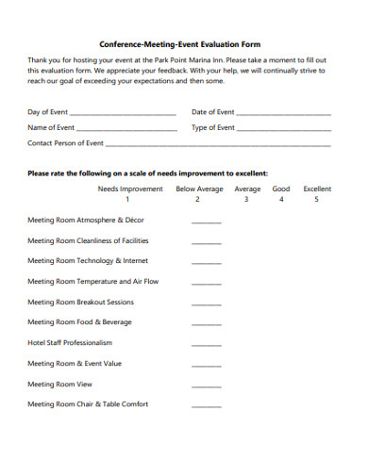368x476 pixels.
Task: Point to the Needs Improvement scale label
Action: [x=130, y=189]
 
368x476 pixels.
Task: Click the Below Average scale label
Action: [x=199, y=189]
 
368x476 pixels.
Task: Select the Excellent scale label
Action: [x=317, y=189]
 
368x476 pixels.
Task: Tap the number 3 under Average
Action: [x=246, y=200]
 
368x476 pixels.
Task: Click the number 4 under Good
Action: [x=281, y=200]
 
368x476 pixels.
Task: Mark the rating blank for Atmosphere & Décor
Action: [x=206, y=222]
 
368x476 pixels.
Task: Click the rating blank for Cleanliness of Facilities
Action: [x=206, y=243]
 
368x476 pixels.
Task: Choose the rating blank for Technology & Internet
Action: [x=206, y=263]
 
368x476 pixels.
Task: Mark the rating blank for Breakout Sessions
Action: [x=206, y=304]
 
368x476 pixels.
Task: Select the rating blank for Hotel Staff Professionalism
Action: [x=206, y=345]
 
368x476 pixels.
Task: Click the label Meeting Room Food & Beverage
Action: [x=79, y=322]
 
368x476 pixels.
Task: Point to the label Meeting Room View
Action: [x=59, y=384]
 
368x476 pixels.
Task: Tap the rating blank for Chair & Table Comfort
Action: [x=206, y=406]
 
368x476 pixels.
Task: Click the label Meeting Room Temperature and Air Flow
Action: [x=92, y=281]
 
